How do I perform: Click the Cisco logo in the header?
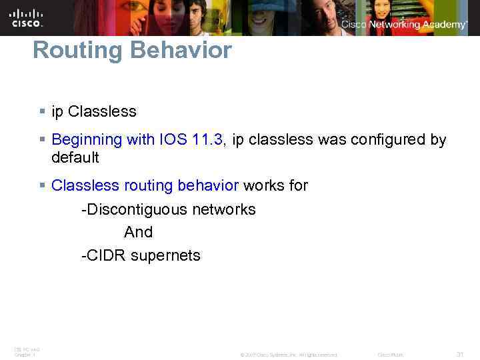tap(27, 17)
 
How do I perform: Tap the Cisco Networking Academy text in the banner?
tap(404, 25)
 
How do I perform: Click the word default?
tap(75, 158)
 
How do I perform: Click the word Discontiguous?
tap(134, 209)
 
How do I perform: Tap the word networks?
tap(224, 209)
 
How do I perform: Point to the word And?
tap(138, 233)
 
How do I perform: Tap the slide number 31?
tap(459, 354)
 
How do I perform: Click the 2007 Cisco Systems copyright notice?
tap(289, 355)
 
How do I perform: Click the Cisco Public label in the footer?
tap(391, 355)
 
